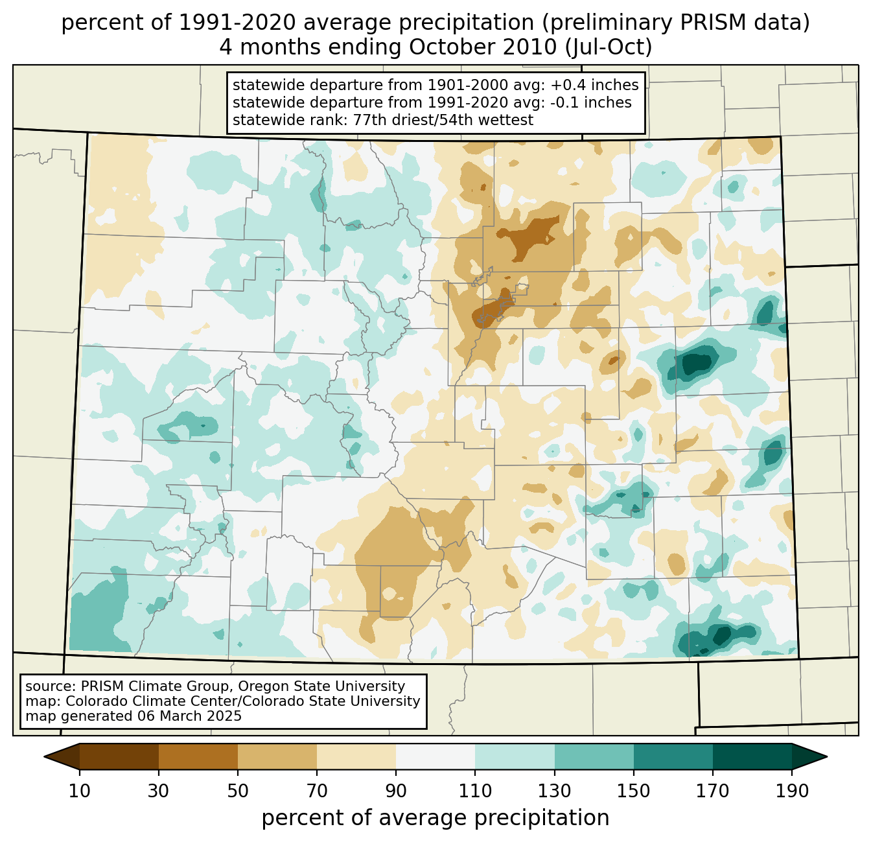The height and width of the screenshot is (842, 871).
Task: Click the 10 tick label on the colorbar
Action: point(80,791)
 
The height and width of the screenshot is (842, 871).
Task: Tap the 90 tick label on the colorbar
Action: point(396,791)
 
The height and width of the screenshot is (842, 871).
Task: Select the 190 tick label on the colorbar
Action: point(792,791)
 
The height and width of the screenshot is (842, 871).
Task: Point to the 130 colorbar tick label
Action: point(555,791)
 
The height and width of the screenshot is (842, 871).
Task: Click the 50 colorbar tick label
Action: point(238,791)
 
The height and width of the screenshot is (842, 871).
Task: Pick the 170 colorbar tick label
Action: point(713,791)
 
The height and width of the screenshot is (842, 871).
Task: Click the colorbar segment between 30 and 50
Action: point(198,756)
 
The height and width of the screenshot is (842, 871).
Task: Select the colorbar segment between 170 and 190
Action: point(752,756)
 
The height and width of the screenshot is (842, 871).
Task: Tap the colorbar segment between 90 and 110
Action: point(435,756)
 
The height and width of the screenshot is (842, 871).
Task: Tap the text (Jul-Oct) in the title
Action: point(609,47)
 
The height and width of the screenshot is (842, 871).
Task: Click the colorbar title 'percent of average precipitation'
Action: point(435,818)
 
